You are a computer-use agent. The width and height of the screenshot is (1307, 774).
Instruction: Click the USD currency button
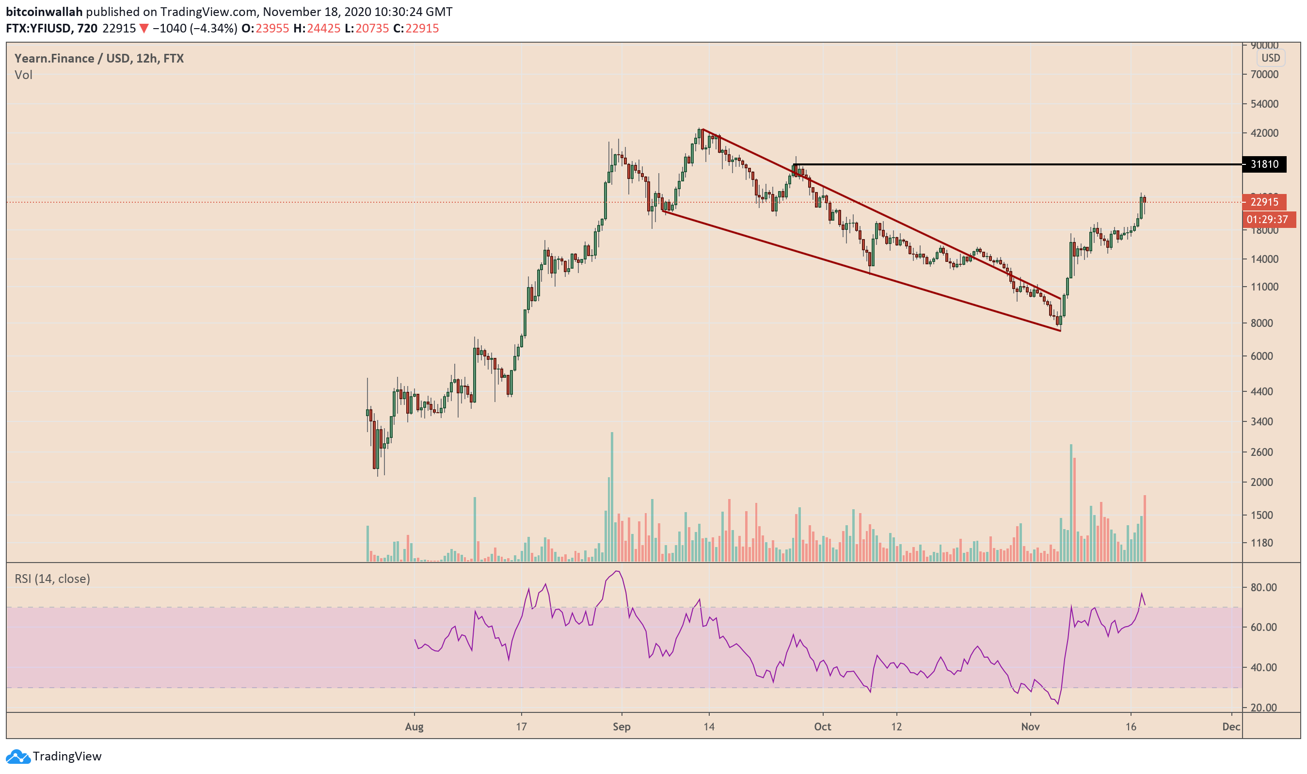(x=1270, y=58)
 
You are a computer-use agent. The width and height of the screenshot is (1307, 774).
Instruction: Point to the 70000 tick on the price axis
(x=1264, y=75)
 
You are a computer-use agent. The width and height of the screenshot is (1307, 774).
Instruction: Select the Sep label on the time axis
(x=622, y=726)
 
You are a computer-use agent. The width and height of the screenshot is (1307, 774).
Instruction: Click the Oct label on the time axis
(x=822, y=726)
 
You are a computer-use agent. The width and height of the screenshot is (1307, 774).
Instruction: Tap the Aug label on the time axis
(x=414, y=726)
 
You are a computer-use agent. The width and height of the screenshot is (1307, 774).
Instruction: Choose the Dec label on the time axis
(x=1231, y=726)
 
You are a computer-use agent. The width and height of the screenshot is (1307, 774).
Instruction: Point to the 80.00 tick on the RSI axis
(x=1264, y=587)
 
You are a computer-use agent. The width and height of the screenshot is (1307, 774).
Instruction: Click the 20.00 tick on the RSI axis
(x=1264, y=708)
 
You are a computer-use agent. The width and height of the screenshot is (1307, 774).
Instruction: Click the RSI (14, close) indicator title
(x=52, y=579)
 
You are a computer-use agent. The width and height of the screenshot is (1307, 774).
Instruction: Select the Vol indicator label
(x=23, y=75)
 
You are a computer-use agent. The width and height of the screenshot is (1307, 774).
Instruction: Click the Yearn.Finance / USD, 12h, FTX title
(x=99, y=58)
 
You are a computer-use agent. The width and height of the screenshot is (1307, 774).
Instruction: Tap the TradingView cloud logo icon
(x=18, y=756)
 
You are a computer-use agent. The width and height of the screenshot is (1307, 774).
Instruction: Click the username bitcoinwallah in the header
(x=44, y=12)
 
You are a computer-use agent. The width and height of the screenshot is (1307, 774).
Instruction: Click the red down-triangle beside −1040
(x=144, y=29)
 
